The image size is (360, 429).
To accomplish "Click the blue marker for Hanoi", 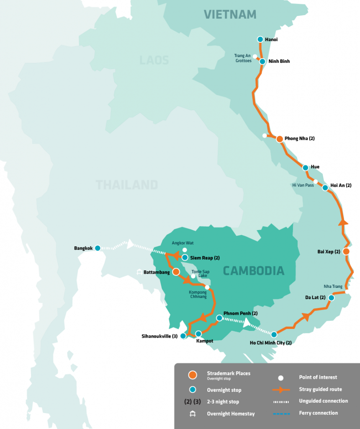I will [x=260, y=39].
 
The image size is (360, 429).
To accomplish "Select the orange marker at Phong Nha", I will [x=280, y=139].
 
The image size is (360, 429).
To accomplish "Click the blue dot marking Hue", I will [x=305, y=167].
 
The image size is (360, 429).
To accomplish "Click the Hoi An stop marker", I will [x=325, y=188].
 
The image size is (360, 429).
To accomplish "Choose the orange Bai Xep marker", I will [x=346, y=251].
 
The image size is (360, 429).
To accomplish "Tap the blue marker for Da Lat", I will [x=331, y=298].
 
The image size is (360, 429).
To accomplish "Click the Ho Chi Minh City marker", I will [x=274, y=334].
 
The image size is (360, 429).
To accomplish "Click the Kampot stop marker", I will [x=198, y=333].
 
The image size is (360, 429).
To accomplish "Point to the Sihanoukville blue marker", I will [x=183, y=336].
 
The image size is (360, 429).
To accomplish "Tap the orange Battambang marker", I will [x=176, y=272].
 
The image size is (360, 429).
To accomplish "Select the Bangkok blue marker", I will [x=98, y=248].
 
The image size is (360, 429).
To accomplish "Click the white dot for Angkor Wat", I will [x=185, y=250].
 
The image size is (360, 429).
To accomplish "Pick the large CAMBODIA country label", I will [x=253, y=271].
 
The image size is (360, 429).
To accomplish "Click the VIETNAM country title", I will [x=230, y=14].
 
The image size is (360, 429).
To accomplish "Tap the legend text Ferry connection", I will [x=318, y=413].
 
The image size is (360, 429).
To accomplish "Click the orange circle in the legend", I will [x=192, y=375].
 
